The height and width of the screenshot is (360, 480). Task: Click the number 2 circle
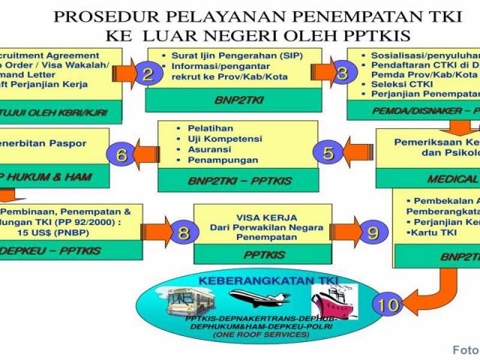pyautogui.click(x=148, y=73)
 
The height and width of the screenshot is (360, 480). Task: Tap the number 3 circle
pyautogui.click(x=343, y=73)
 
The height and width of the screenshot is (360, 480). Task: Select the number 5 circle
pyautogui.click(x=328, y=153)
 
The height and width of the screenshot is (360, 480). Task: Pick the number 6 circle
pyautogui.click(x=121, y=154)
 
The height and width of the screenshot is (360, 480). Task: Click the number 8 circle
pyautogui.click(x=183, y=232)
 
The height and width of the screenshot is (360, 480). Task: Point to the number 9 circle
pyautogui.click(x=373, y=232)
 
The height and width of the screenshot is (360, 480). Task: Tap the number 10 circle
pyautogui.click(x=388, y=304)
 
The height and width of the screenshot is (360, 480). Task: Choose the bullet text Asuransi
pyautogui.click(x=209, y=149)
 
